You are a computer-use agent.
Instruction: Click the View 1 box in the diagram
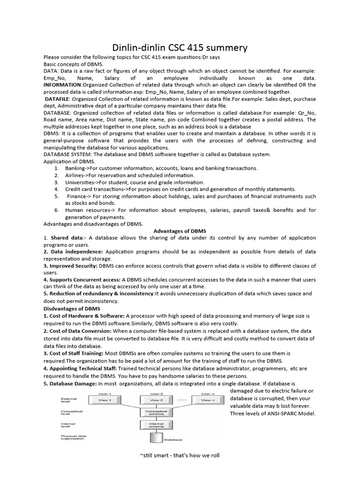pos(104,400)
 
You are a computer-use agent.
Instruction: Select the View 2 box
pos(157,400)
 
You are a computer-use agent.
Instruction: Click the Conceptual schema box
pos(157,412)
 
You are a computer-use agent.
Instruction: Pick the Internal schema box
pos(157,425)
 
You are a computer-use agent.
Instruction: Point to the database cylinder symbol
pos(157,438)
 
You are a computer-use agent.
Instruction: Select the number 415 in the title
pos(192,48)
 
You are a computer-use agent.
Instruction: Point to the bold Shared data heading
pos(65,238)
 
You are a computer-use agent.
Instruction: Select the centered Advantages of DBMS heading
pos(180,231)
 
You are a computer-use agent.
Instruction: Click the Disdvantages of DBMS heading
pos(71,308)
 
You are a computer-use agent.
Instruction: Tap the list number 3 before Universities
pos(56,182)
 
